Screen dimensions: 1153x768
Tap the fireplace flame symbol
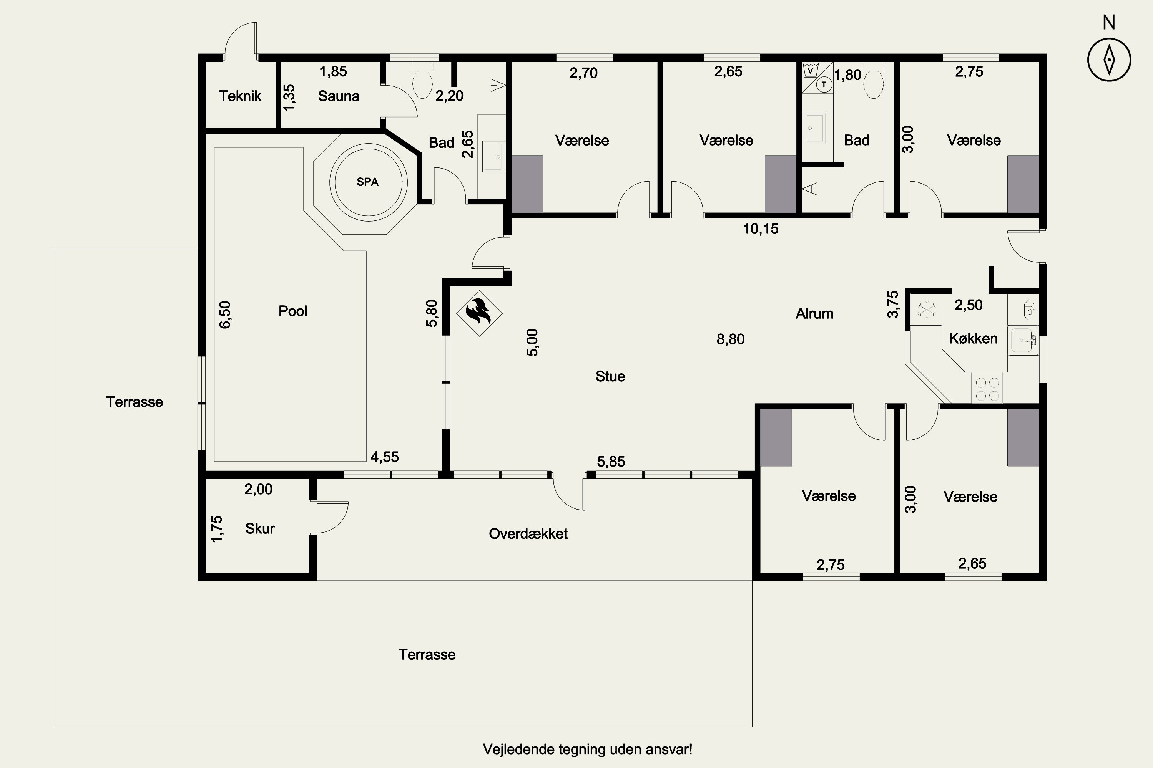tap(479, 313)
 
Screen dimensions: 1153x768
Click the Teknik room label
tap(240, 96)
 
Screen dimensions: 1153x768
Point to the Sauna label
tap(339, 96)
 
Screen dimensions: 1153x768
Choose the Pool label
tap(292, 311)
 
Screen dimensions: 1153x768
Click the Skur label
tap(260, 528)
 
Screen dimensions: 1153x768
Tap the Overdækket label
tap(528, 533)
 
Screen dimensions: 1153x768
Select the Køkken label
tap(973, 338)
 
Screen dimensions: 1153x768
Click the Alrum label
tap(814, 313)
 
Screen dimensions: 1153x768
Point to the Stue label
tap(610, 376)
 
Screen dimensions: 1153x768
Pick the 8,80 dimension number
tap(731, 339)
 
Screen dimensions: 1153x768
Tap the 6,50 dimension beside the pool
tap(225, 314)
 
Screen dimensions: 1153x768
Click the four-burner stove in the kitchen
tap(987, 388)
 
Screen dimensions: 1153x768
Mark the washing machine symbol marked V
tap(810, 71)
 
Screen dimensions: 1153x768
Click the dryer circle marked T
tap(824, 84)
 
